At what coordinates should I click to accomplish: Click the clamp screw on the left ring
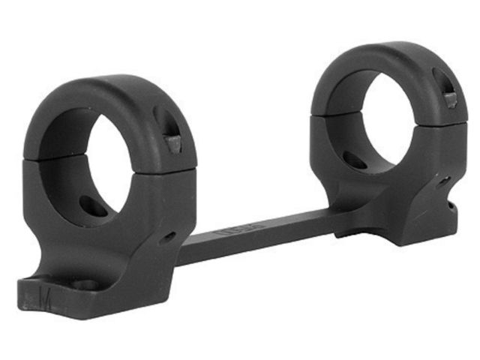click(172, 142)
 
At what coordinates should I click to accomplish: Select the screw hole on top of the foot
click(85, 286)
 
